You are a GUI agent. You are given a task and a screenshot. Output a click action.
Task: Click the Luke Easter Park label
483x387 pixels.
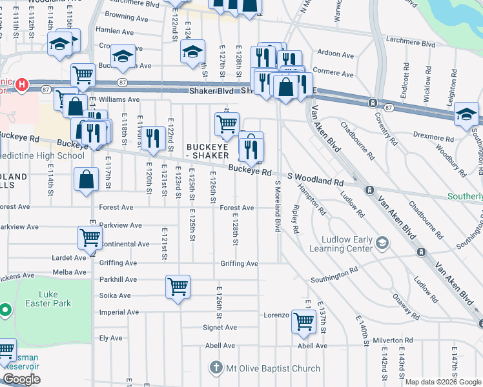(x=48, y=297)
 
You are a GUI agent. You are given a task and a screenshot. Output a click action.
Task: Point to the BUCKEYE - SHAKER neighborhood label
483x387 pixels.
(x=207, y=151)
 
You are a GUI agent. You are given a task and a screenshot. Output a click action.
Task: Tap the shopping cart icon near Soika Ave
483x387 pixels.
(x=178, y=286)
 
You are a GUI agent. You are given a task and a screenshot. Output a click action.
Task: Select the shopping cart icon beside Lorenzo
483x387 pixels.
(x=303, y=320)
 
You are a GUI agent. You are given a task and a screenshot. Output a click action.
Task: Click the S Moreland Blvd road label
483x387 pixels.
(x=278, y=206)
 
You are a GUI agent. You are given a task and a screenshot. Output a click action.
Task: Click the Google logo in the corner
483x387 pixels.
(x=21, y=379)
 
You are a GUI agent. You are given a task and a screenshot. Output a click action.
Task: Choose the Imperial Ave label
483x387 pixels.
(x=119, y=312)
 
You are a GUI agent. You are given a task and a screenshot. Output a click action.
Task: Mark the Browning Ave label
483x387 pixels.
(x=123, y=14)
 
